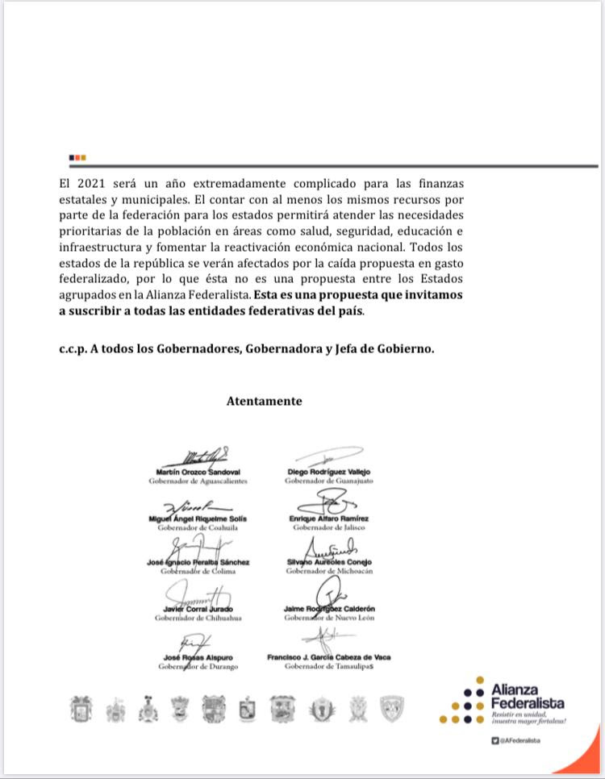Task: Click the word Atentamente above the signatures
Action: (x=264, y=401)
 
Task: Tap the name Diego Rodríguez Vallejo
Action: (x=327, y=472)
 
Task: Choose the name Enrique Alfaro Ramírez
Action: (x=329, y=518)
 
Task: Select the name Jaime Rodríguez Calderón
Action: (x=329, y=609)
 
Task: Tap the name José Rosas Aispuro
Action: (x=198, y=658)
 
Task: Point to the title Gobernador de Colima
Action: (x=198, y=572)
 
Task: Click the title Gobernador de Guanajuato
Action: (x=325, y=481)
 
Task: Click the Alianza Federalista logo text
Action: (x=528, y=697)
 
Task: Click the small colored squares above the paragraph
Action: (x=77, y=157)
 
